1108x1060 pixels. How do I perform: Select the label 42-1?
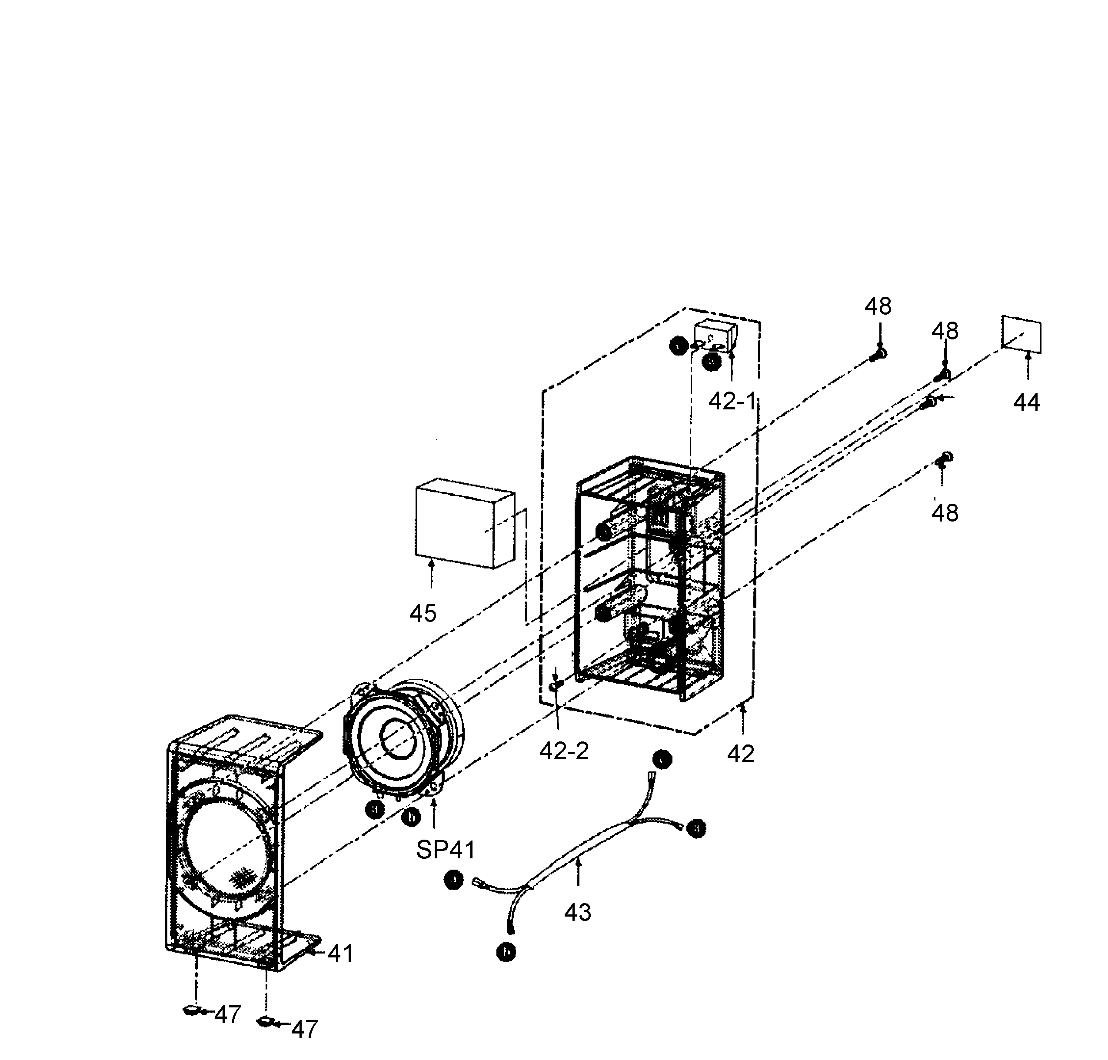[732, 401]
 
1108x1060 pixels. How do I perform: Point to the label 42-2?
[564, 751]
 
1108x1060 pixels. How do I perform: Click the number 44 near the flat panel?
[1026, 403]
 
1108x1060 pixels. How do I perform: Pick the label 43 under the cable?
[577, 912]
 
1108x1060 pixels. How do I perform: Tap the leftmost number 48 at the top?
[878, 306]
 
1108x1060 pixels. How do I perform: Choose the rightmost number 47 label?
[305, 1030]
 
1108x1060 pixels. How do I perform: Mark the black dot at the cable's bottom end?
[506, 953]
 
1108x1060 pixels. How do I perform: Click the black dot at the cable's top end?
[662, 759]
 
